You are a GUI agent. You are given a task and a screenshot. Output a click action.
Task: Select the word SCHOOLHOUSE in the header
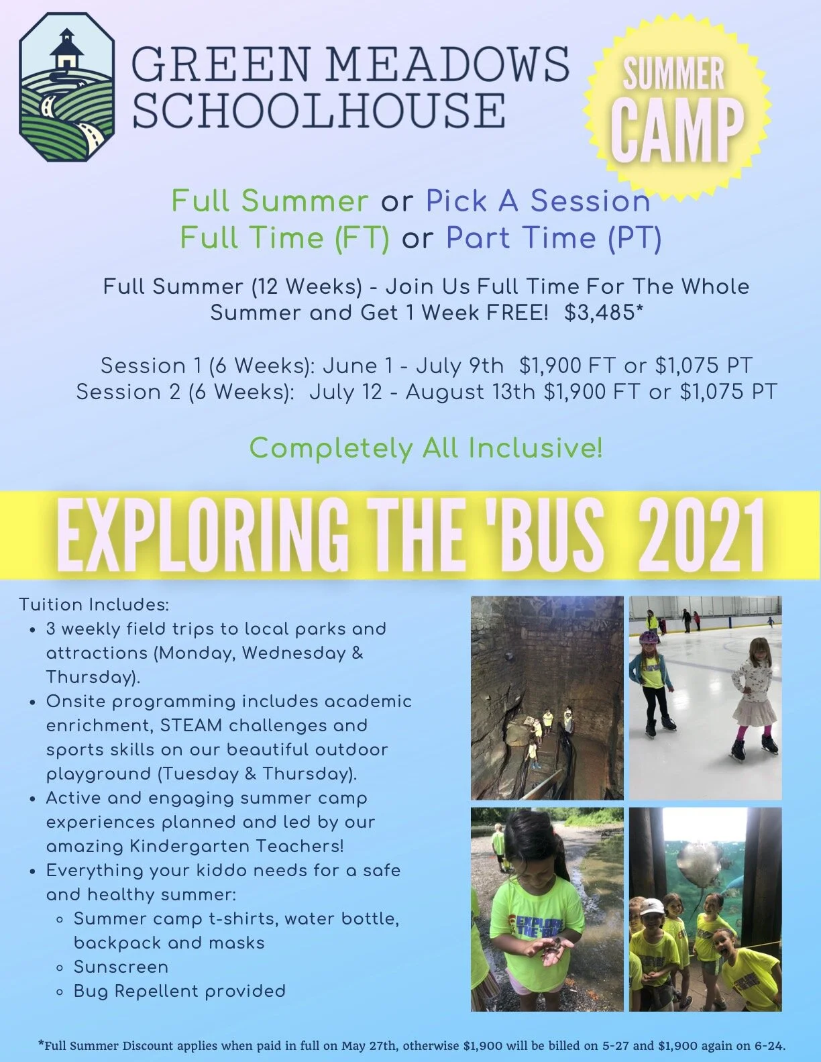(x=319, y=109)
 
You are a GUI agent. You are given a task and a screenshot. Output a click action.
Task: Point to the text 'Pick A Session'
(x=538, y=201)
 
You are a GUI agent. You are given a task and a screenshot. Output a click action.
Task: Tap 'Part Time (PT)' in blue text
(x=553, y=237)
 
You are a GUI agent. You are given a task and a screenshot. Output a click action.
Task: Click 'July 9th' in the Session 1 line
(x=459, y=366)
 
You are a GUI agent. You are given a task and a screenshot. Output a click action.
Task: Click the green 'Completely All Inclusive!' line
(x=426, y=447)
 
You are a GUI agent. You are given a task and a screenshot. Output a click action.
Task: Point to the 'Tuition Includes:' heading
(x=94, y=604)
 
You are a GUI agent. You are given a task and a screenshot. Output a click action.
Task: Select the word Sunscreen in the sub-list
(x=121, y=967)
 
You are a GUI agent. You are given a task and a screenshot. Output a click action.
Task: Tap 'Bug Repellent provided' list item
(x=179, y=991)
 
